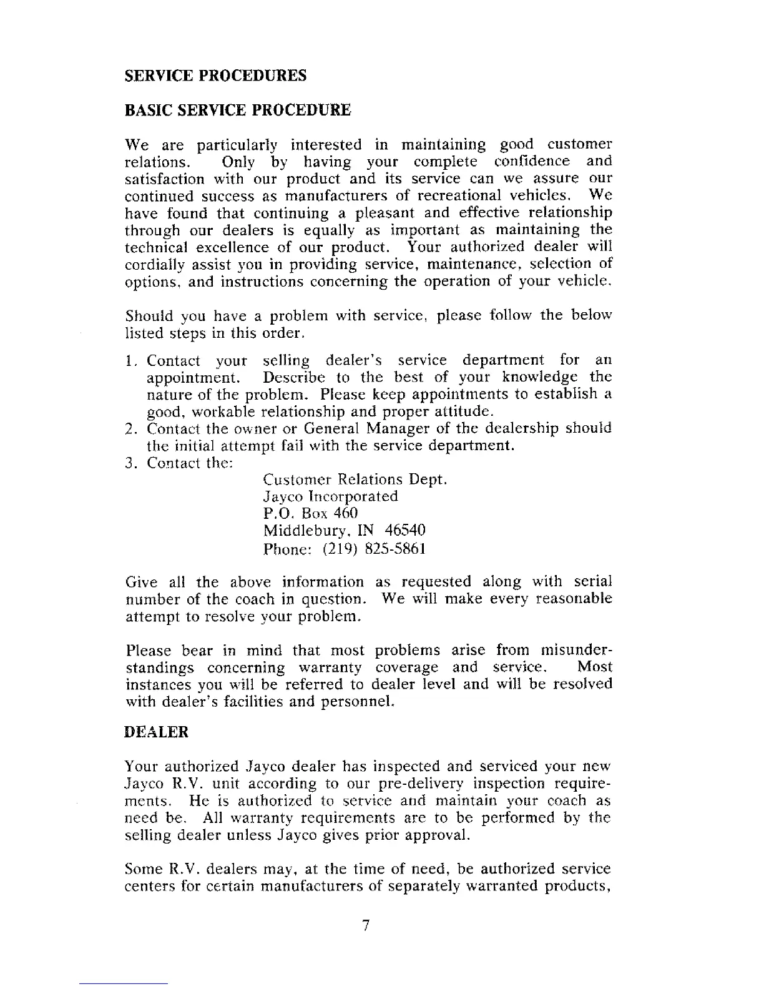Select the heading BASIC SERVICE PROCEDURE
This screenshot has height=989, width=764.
238,111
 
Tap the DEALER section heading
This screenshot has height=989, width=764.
157,732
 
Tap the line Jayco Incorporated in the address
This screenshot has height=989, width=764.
331,496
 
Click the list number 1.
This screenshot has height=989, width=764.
129,361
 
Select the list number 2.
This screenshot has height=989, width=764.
130,429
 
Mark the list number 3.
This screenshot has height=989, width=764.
130,463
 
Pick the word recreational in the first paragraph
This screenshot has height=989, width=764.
468,196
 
